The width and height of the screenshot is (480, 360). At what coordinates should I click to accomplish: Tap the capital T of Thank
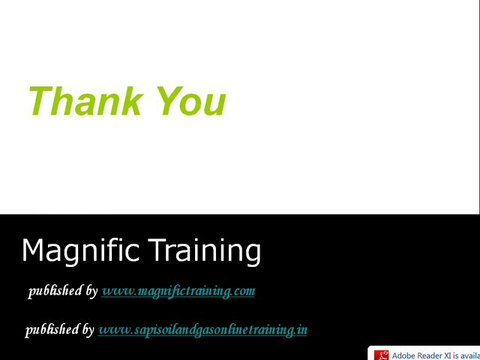point(42,102)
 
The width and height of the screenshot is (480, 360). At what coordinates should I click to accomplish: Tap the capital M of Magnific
point(33,250)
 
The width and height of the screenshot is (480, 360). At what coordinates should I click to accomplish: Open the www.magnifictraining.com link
point(178,291)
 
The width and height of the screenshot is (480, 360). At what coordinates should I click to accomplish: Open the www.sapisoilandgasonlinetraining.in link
point(202,329)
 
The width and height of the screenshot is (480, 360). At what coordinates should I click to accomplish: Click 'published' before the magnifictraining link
point(56,291)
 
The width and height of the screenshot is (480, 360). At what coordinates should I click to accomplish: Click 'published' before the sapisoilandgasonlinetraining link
point(53,329)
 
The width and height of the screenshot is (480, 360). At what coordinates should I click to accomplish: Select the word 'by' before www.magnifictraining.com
point(91,291)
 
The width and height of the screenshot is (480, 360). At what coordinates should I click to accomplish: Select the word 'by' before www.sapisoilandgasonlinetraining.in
point(88,329)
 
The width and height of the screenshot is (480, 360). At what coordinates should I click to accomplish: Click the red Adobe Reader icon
point(380,354)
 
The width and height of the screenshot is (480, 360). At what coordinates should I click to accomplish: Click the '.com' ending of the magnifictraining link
point(243,291)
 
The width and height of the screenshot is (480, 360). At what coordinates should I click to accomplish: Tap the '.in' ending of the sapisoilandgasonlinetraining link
point(301,329)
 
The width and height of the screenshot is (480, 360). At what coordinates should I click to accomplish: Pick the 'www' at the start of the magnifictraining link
point(113,291)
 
